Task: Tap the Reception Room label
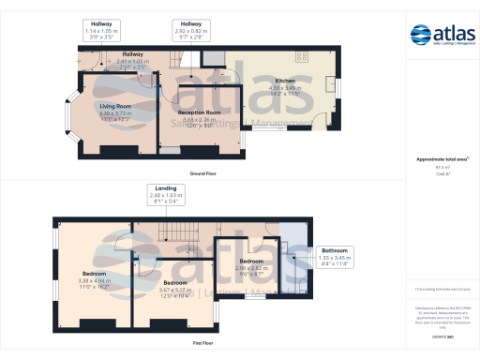205,117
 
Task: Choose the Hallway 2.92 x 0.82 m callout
191,29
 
